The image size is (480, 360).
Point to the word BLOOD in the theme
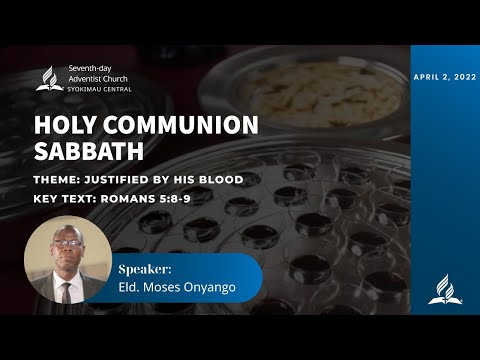[x=220, y=180]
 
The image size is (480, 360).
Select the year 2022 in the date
[x=462, y=76]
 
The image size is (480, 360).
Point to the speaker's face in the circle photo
[x=66, y=254]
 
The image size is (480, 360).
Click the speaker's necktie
[x=66, y=291]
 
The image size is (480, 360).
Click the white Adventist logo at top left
[x=49, y=79]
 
